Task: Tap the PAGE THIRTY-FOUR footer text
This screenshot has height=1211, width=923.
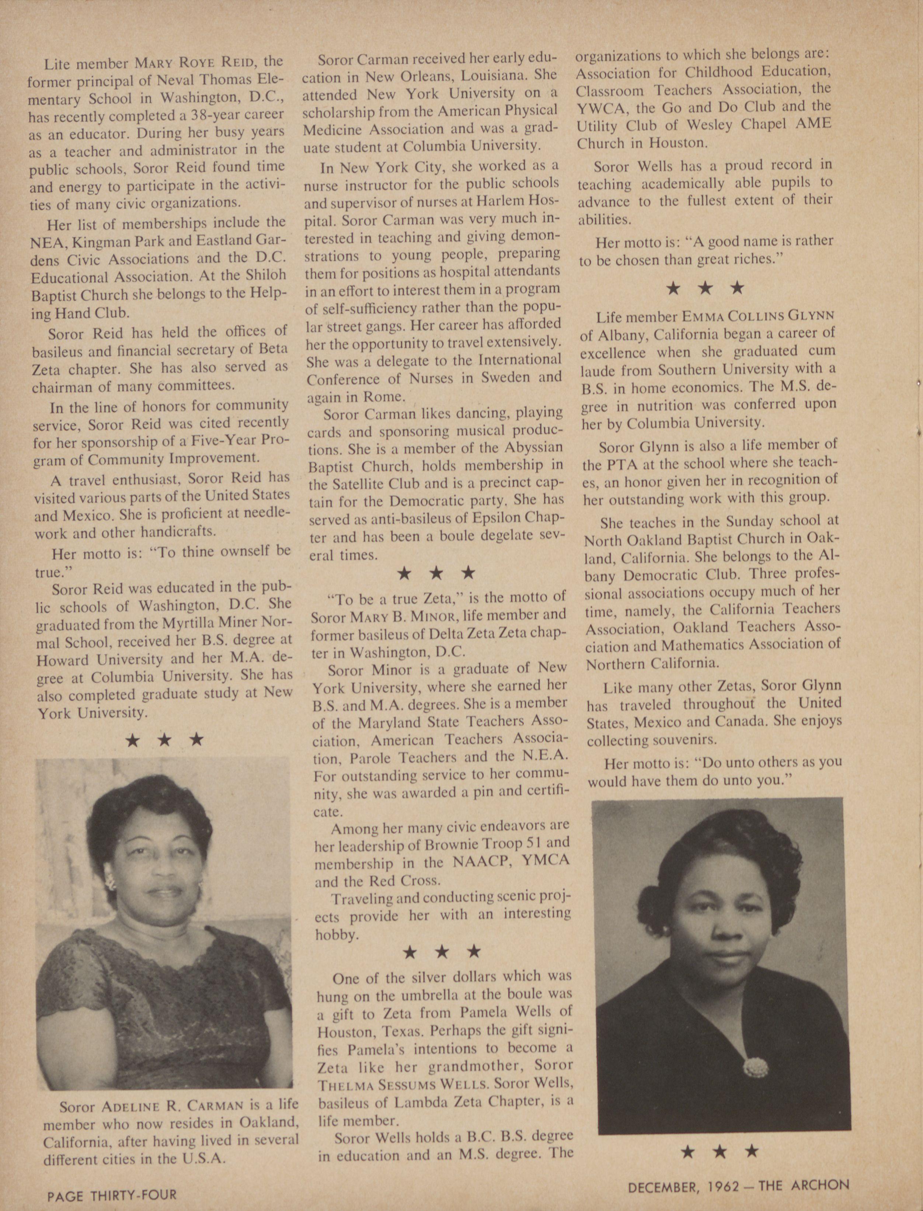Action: pos(112,1194)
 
